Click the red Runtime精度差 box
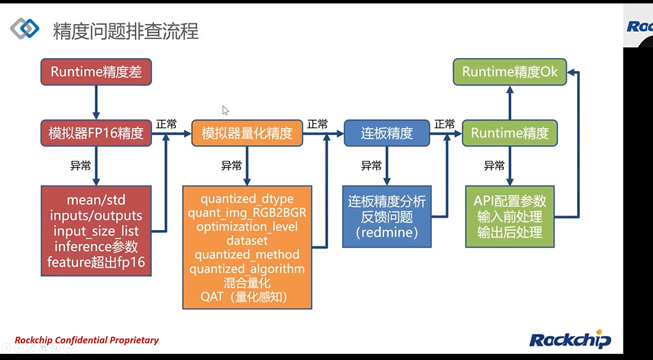point(96,71)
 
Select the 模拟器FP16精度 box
point(96,133)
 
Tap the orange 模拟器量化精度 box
point(247,133)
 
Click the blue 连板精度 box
point(387,133)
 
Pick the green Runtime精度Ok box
point(510,71)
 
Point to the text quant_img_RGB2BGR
point(247,213)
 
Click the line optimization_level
point(247,227)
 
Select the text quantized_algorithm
point(247,269)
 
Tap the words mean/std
point(96,200)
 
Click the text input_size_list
point(96,231)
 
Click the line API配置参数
point(510,201)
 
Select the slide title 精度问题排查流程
point(126,31)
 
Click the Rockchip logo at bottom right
point(569,339)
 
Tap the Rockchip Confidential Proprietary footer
point(86,340)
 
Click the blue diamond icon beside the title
point(25,28)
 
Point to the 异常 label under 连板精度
point(371,166)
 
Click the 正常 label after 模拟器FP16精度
point(166,124)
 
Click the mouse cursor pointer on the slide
point(225,110)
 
